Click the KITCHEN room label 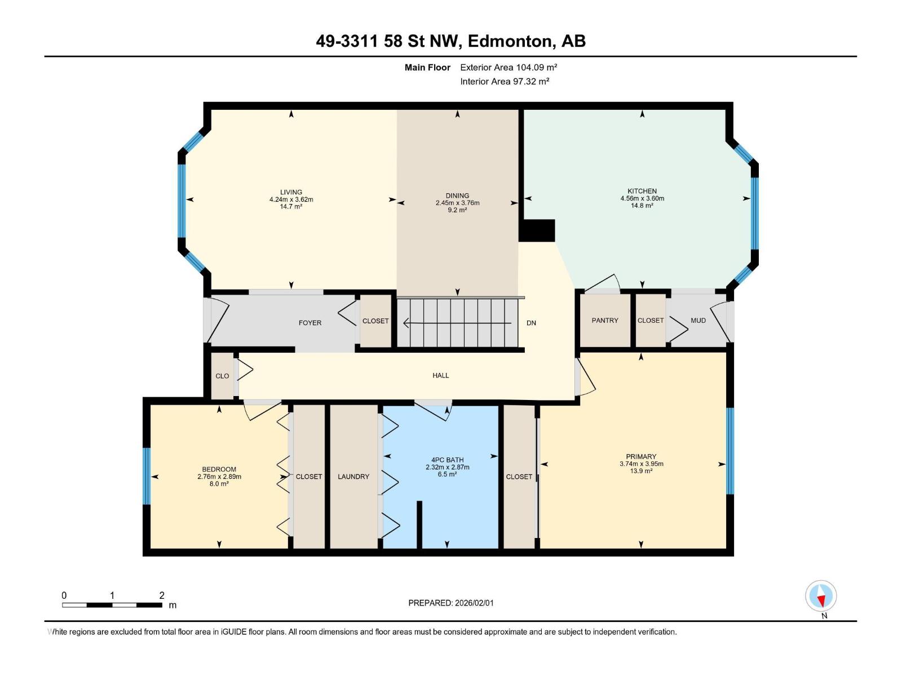642,191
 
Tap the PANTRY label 605,320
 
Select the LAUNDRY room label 353,477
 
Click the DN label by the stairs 531,323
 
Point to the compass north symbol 821,596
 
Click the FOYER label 310,323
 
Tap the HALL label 440,375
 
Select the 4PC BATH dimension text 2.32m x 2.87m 448,467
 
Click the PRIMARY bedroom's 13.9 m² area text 641,471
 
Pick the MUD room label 698,320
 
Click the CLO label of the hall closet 222,376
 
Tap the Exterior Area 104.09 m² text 509,67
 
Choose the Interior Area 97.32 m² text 505,81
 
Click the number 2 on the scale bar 162,595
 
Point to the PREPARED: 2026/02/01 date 451,603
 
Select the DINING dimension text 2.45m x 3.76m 457,203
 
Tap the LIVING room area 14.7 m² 291,206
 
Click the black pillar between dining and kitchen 537,230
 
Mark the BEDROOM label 219,469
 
